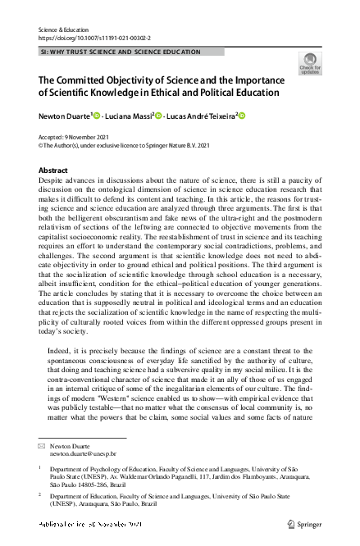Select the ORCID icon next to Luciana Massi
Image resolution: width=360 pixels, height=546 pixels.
coord(157,116)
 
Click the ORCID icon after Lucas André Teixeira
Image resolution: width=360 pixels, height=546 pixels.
coord(242,116)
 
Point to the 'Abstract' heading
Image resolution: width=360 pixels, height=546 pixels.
coord(53,170)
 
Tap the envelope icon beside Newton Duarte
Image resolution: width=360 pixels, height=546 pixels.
coord(42,444)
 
